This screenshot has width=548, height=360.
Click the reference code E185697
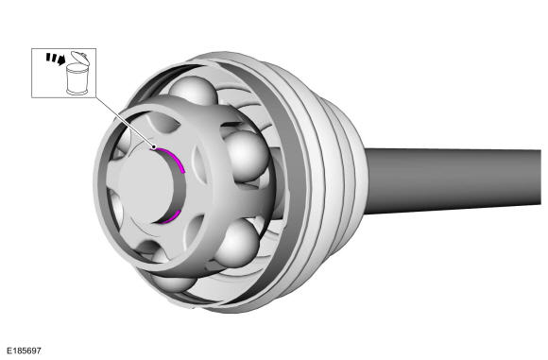[x=25, y=351]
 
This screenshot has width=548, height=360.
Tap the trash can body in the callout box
[x=77, y=79]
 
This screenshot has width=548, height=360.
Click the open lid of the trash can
[x=80, y=57]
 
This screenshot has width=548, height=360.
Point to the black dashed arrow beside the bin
[x=56, y=59]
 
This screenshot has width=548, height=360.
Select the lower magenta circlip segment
[x=171, y=217]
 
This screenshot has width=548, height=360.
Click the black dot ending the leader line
[x=153, y=147]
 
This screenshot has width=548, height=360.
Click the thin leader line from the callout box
[x=124, y=122]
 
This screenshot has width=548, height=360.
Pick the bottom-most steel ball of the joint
[x=173, y=282]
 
